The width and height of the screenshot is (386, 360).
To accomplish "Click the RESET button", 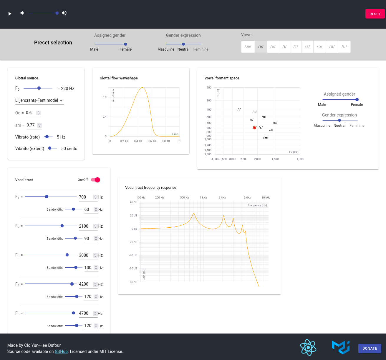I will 375,14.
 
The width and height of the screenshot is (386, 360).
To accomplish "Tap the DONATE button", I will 370,349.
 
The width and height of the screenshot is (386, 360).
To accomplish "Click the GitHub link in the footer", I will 61,351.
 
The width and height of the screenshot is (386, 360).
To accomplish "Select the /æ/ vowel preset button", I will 248,47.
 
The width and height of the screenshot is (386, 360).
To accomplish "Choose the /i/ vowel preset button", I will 284,47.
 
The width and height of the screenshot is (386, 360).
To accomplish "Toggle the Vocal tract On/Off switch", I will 96,180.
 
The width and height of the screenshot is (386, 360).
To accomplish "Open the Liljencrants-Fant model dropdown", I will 39,101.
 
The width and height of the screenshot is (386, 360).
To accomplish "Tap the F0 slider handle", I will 39,88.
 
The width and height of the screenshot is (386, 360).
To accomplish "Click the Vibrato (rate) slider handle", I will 47,137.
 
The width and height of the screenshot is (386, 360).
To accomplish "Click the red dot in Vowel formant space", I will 254,128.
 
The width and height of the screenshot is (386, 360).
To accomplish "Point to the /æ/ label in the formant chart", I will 266,137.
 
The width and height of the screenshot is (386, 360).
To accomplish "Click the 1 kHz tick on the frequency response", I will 203,198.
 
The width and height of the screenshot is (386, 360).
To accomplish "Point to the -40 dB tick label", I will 133,255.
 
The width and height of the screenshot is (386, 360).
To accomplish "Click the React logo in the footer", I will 308,347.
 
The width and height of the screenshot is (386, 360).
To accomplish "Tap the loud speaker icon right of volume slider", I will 64,13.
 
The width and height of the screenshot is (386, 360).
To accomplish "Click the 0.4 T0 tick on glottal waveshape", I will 138,141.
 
